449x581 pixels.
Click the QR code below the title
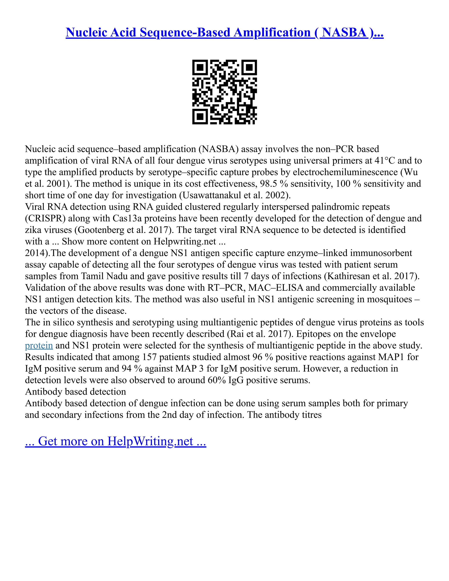click(x=224, y=92)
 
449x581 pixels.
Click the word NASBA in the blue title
click(x=344, y=32)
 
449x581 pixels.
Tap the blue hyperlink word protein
click(x=39, y=345)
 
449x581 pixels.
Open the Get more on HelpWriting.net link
click(x=116, y=441)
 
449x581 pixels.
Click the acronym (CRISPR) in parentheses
click(x=45, y=218)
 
